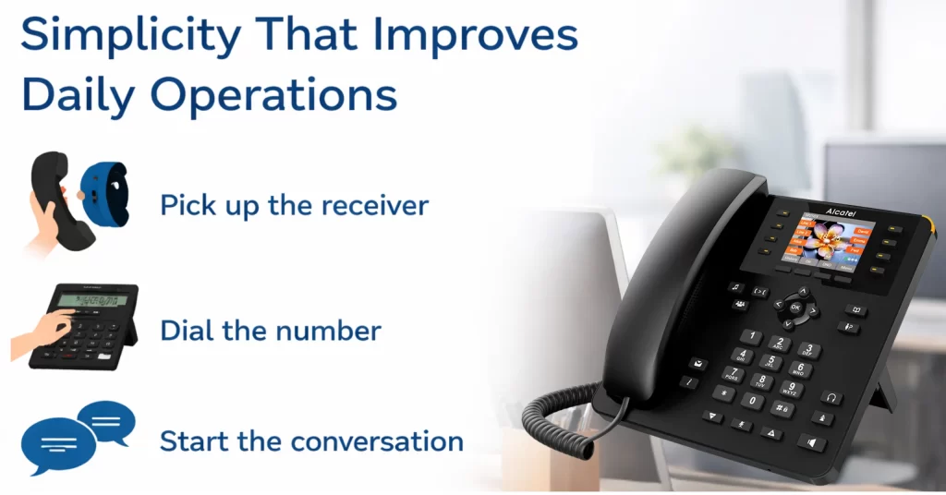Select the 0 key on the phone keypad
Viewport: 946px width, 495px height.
pyautogui.click(x=753, y=400)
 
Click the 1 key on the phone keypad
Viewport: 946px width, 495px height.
pyautogui.click(x=754, y=336)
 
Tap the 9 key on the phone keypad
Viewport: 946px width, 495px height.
pyautogui.click(x=792, y=388)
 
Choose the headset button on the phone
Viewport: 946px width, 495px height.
pyautogui.click(x=832, y=397)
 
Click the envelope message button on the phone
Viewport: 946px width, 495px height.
pyautogui.click(x=696, y=363)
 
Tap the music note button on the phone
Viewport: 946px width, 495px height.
pyautogui.click(x=735, y=287)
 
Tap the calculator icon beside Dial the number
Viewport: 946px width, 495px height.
pyautogui.click(x=81, y=326)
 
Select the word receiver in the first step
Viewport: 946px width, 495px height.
pyautogui.click(x=373, y=205)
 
